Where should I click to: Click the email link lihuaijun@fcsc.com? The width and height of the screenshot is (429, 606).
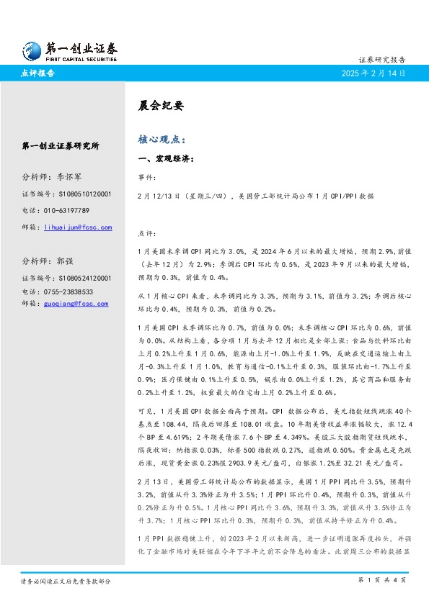pyautogui.click(x=78, y=227)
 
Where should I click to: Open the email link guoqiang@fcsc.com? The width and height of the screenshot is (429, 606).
pyautogui.click(x=76, y=303)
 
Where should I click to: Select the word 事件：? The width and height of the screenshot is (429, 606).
pyautogui.click(x=146, y=176)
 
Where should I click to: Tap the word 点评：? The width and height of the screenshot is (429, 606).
pyautogui.click(x=146, y=232)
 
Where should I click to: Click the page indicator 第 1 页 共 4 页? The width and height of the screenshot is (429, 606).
pyautogui.click(x=381, y=579)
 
